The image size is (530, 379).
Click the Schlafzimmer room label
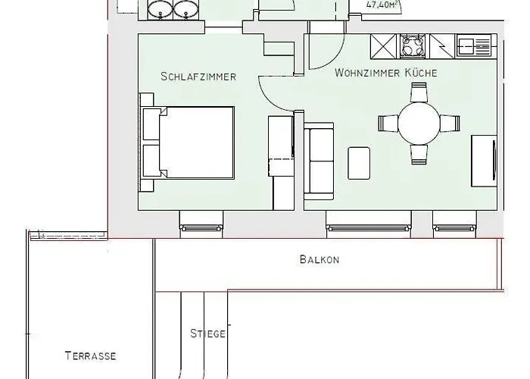pyautogui.click(x=199, y=77)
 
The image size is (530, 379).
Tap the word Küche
pyautogui.click(x=421, y=74)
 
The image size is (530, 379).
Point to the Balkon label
pyautogui.click(x=319, y=260)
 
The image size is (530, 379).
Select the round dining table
pyautogui.click(x=419, y=123)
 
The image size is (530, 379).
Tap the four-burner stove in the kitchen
pyautogui.click(x=412, y=46)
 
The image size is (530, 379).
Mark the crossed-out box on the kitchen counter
pyautogui.click(x=384, y=47)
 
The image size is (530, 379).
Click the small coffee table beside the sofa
pyautogui.click(x=359, y=161)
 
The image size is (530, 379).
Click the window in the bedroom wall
pyautogui.click(x=201, y=224)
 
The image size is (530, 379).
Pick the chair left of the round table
pyautogui.click(x=388, y=123)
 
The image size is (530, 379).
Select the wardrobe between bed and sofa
pyautogui.click(x=282, y=160)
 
